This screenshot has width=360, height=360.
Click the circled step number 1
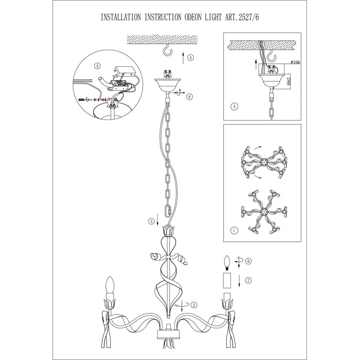(234, 230)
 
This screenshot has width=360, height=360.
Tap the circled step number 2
(194, 305)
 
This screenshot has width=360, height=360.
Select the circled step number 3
(151, 222)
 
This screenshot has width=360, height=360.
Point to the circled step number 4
(191, 58)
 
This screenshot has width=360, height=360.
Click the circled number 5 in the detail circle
(97, 66)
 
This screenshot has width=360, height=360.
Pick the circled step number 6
(190, 97)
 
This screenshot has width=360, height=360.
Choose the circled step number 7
(248, 280)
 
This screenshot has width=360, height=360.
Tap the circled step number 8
(248, 261)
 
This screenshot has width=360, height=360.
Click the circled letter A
(234, 107)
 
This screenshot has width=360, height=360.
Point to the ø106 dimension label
(295, 62)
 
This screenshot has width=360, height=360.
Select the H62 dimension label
(289, 81)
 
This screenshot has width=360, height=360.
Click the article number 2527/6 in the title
(249, 17)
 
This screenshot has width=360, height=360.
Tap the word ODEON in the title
(193, 17)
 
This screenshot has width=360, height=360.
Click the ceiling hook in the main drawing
(167, 50)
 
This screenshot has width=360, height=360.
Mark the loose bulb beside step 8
(227, 263)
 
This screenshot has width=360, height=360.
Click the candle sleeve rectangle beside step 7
(227, 280)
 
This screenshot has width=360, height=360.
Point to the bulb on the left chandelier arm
(110, 285)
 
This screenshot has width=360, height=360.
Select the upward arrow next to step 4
(183, 58)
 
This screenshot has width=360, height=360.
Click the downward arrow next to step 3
(158, 220)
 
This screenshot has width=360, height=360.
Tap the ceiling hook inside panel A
(272, 56)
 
